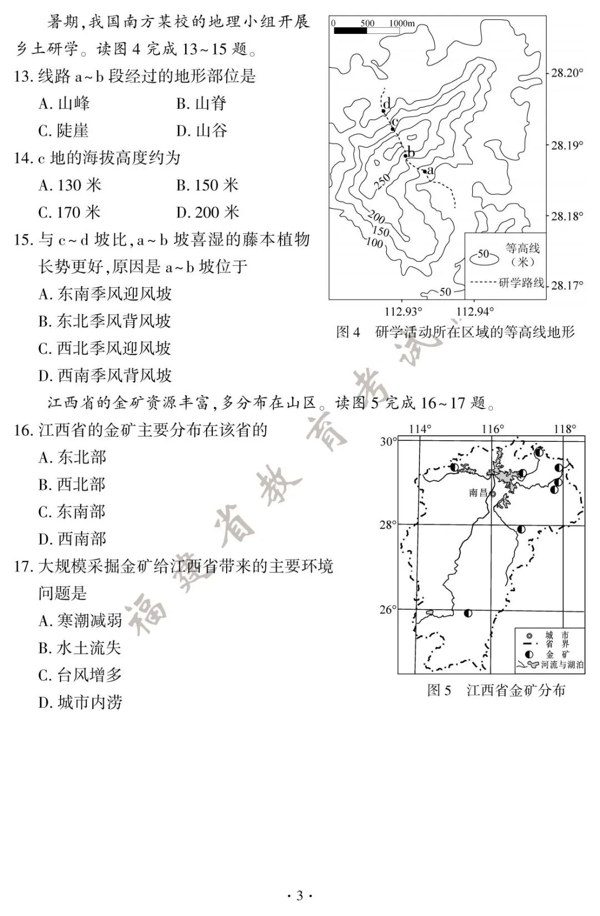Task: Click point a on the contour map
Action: (425, 171)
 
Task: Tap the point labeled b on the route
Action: (406, 156)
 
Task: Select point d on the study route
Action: (383, 111)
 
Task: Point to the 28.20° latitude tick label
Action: (567, 72)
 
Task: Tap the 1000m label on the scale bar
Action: (402, 23)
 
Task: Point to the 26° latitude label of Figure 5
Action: (388, 610)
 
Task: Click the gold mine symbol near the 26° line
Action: (468, 613)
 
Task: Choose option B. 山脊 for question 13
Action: (201, 103)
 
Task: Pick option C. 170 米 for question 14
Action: (69, 212)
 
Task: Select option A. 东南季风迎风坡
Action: (105, 294)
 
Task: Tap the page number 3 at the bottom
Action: (299, 895)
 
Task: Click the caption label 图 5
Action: (439, 690)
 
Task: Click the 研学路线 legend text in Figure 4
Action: (521, 282)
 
